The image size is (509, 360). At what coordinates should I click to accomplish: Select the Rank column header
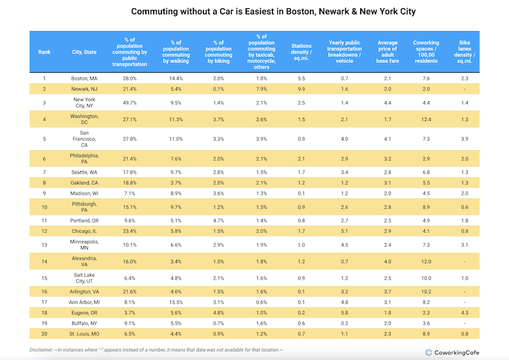[x=44, y=52]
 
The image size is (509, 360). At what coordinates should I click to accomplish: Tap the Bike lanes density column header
[x=465, y=52]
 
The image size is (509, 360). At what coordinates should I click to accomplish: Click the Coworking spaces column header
[x=426, y=52]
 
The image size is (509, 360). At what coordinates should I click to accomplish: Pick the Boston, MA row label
[x=85, y=79]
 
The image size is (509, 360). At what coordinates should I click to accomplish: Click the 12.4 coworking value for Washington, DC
[x=426, y=119]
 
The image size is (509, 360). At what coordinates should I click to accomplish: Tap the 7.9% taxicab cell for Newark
[x=262, y=89]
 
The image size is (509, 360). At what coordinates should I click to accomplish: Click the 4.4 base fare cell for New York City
[x=388, y=103]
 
